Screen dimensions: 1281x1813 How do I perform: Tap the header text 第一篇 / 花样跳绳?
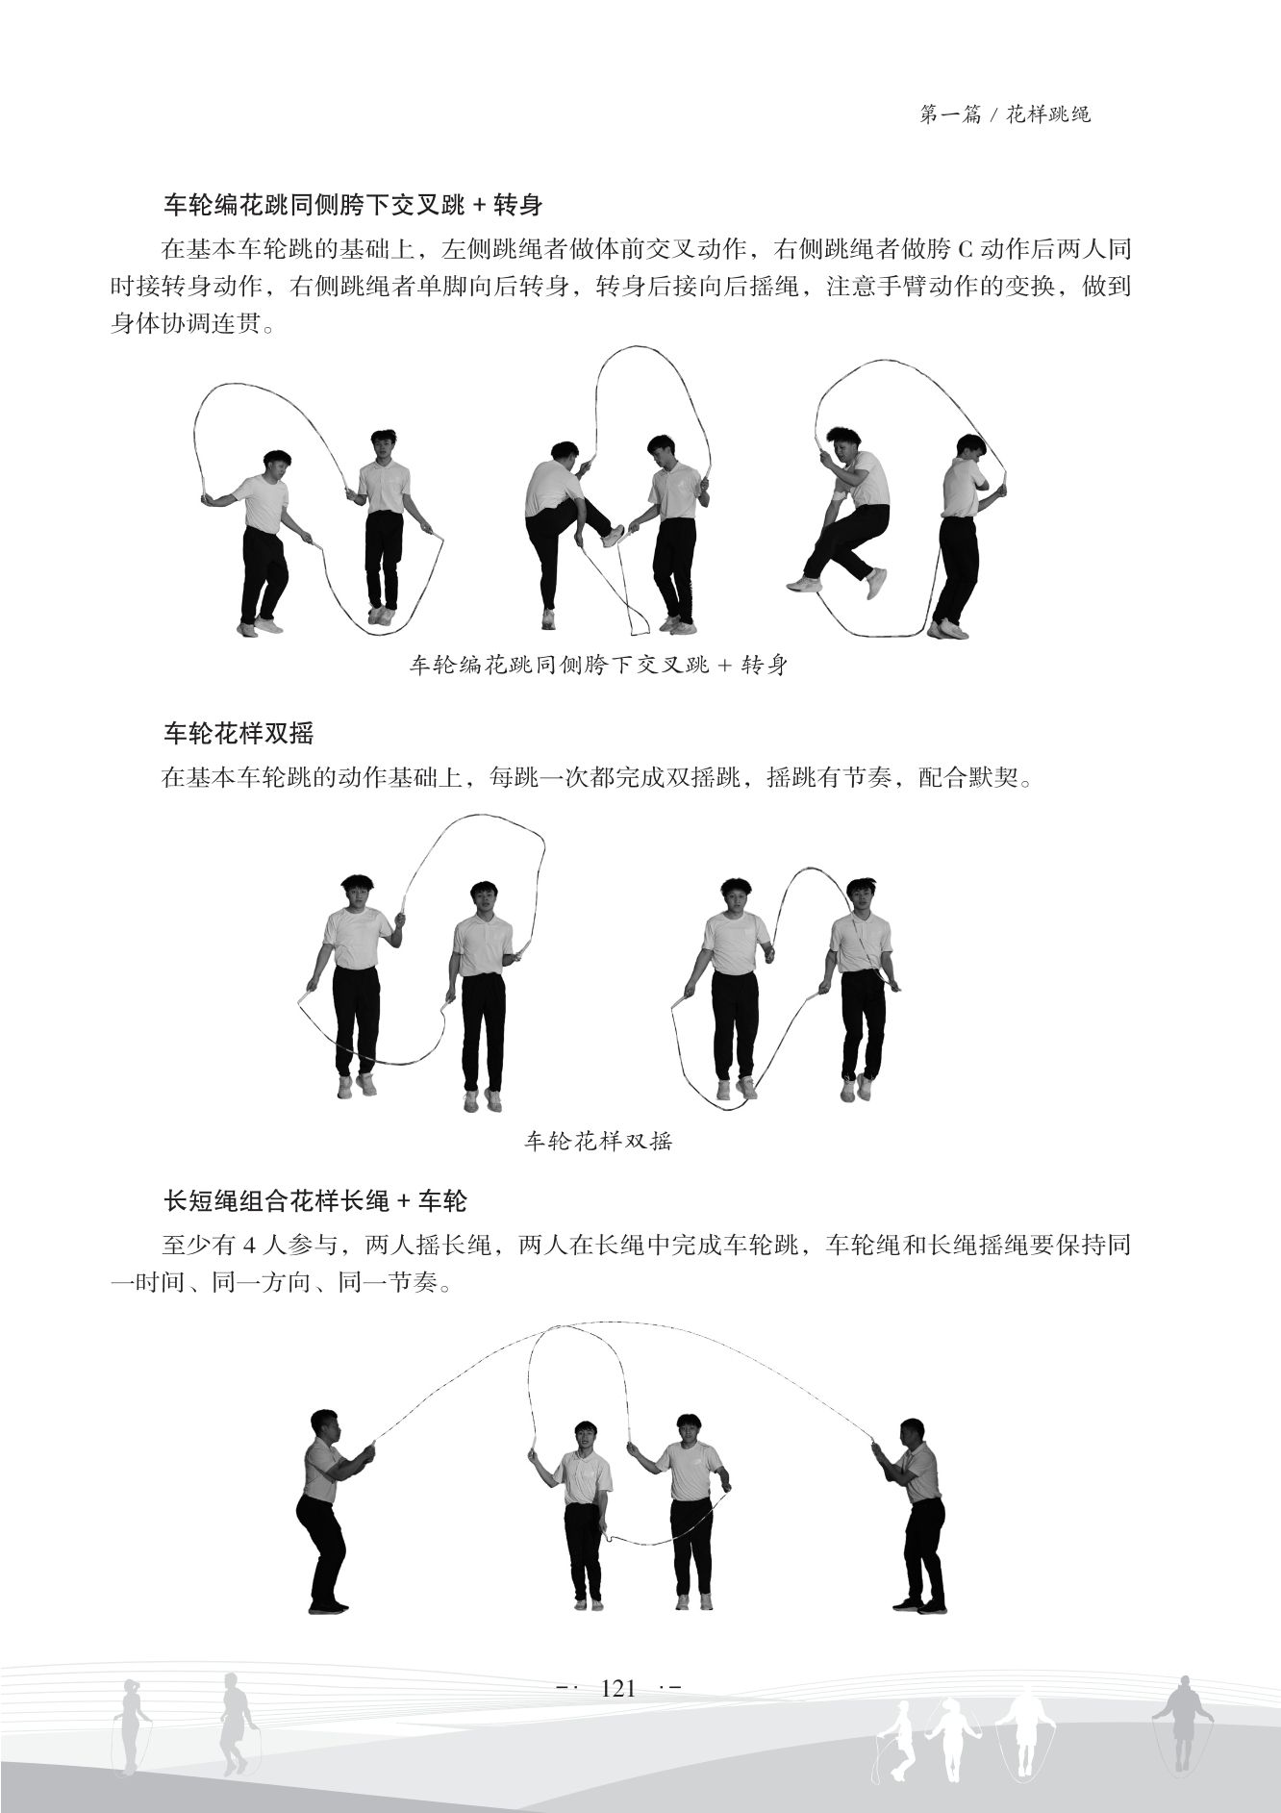tap(1005, 114)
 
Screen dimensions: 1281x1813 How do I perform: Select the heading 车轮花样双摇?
tap(239, 733)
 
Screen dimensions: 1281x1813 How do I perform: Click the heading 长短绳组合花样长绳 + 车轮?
tap(315, 1200)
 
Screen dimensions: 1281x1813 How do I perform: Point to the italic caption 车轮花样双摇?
tap(598, 1141)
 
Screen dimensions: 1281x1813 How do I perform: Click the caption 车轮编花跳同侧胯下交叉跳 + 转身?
tap(598, 665)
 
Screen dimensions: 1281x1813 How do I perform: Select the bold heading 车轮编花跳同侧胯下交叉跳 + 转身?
tap(353, 204)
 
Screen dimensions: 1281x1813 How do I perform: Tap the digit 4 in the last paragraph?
tap(250, 1246)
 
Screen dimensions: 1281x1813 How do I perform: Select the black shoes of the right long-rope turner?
tap(918, 1604)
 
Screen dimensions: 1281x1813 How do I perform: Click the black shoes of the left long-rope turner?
tap(329, 1604)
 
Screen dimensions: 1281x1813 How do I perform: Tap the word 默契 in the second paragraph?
tap(992, 778)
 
